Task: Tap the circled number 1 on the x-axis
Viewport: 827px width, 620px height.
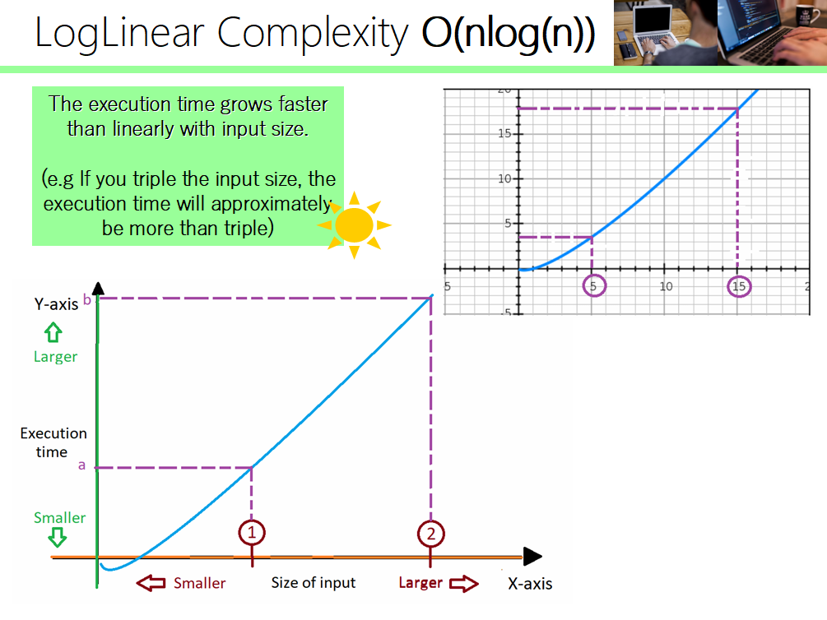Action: point(252,533)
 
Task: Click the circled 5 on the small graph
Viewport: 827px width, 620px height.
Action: point(592,285)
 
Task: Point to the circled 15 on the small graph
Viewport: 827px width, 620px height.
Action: point(738,285)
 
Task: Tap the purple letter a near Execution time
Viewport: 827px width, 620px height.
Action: point(81,465)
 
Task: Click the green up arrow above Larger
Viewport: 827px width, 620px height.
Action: point(53,332)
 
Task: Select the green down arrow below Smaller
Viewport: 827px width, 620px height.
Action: point(57,538)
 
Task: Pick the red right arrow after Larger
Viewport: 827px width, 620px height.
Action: point(463,583)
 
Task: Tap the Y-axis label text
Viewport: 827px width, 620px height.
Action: point(56,303)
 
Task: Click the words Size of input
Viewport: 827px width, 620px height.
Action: point(314,583)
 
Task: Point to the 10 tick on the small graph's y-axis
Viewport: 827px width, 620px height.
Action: point(504,178)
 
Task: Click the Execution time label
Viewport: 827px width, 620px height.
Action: point(53,442)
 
